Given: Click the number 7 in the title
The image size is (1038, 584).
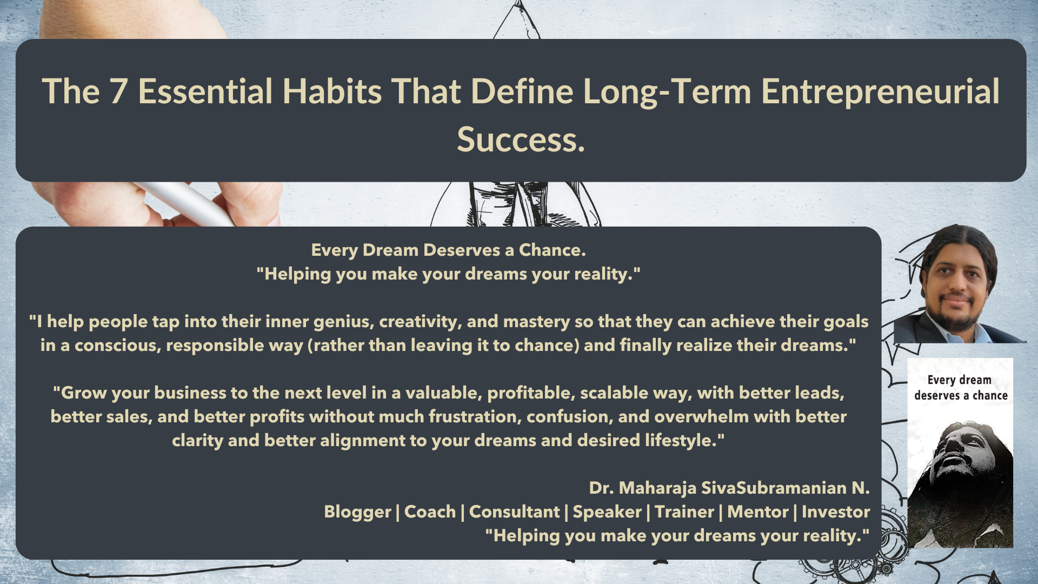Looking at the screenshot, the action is [x=118, y=91].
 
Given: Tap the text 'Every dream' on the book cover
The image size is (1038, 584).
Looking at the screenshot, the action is [x=959, y=380].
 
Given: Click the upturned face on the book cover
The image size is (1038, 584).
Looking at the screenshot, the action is [x=962, y=448].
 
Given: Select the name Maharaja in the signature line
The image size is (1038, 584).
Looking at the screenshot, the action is [x=657, y=488].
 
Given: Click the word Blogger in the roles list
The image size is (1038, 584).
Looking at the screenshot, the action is [x=357, y=512].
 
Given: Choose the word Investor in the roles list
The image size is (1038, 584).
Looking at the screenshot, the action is [x=836, y=512].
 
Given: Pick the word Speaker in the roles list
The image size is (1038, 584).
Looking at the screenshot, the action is [x=607, y=512].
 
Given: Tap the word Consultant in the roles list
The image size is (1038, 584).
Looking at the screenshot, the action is [x=514, y=512].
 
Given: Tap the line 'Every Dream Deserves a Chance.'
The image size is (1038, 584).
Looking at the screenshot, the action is [x=449, y=250].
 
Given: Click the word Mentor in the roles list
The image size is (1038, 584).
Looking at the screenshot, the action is [x=758, y=512].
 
